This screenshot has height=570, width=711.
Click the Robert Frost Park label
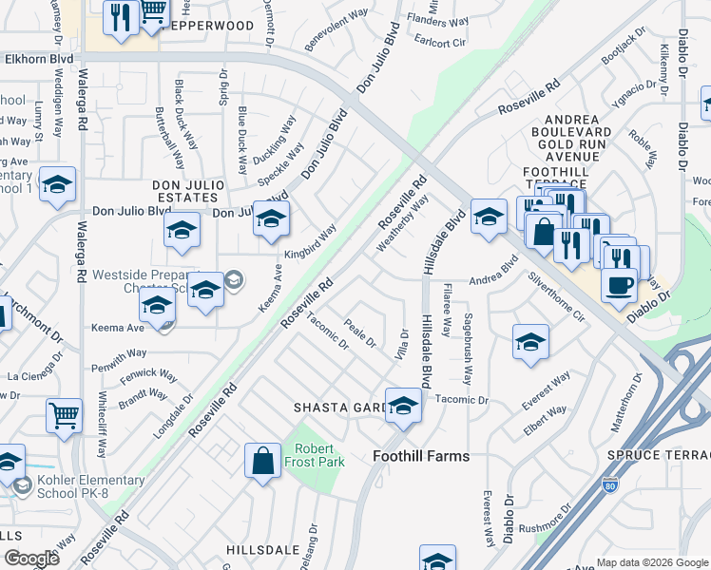point(318,455)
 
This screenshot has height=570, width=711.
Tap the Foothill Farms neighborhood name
point(421,456)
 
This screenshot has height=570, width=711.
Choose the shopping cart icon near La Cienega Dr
point(64,414)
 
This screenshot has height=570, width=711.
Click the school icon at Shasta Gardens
point(403,405)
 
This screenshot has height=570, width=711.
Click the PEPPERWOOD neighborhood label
point(208,26)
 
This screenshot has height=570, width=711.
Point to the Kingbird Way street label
point(310,242)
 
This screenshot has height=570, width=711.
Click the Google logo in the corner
point(31,559)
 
